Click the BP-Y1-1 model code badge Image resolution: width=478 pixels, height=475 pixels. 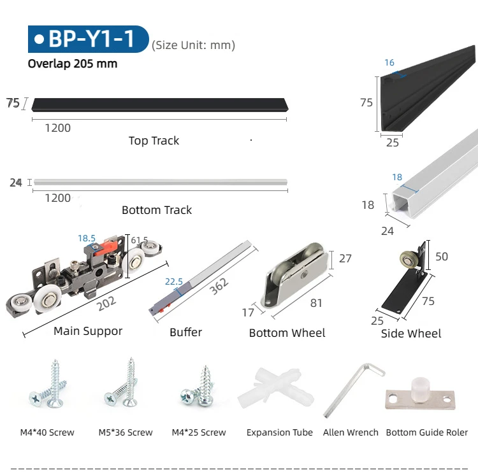tap(87, 39)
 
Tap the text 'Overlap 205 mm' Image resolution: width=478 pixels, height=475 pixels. tap(72, 64)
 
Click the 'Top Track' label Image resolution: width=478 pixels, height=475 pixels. tap(154, 141)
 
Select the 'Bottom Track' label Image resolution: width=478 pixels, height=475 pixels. tap(156, 210)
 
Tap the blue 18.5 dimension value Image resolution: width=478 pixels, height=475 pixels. tap(87, 238)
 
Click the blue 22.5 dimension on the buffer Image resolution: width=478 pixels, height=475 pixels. tap(174, 282)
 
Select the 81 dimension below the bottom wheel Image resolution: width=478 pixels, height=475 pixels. tap(316, 303)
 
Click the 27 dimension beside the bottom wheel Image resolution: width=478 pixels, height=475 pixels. tap(344, 259)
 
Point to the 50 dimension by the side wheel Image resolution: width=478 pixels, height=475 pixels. tap(441, 257)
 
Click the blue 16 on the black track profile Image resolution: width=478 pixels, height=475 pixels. tap(389, 62)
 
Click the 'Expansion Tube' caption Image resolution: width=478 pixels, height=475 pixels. tap(279, 432)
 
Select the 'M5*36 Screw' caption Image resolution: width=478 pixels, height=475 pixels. tap(126, 432)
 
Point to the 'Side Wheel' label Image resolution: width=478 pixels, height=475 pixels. tap(410, 333)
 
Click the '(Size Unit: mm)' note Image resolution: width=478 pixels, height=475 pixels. tap(193, 45)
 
